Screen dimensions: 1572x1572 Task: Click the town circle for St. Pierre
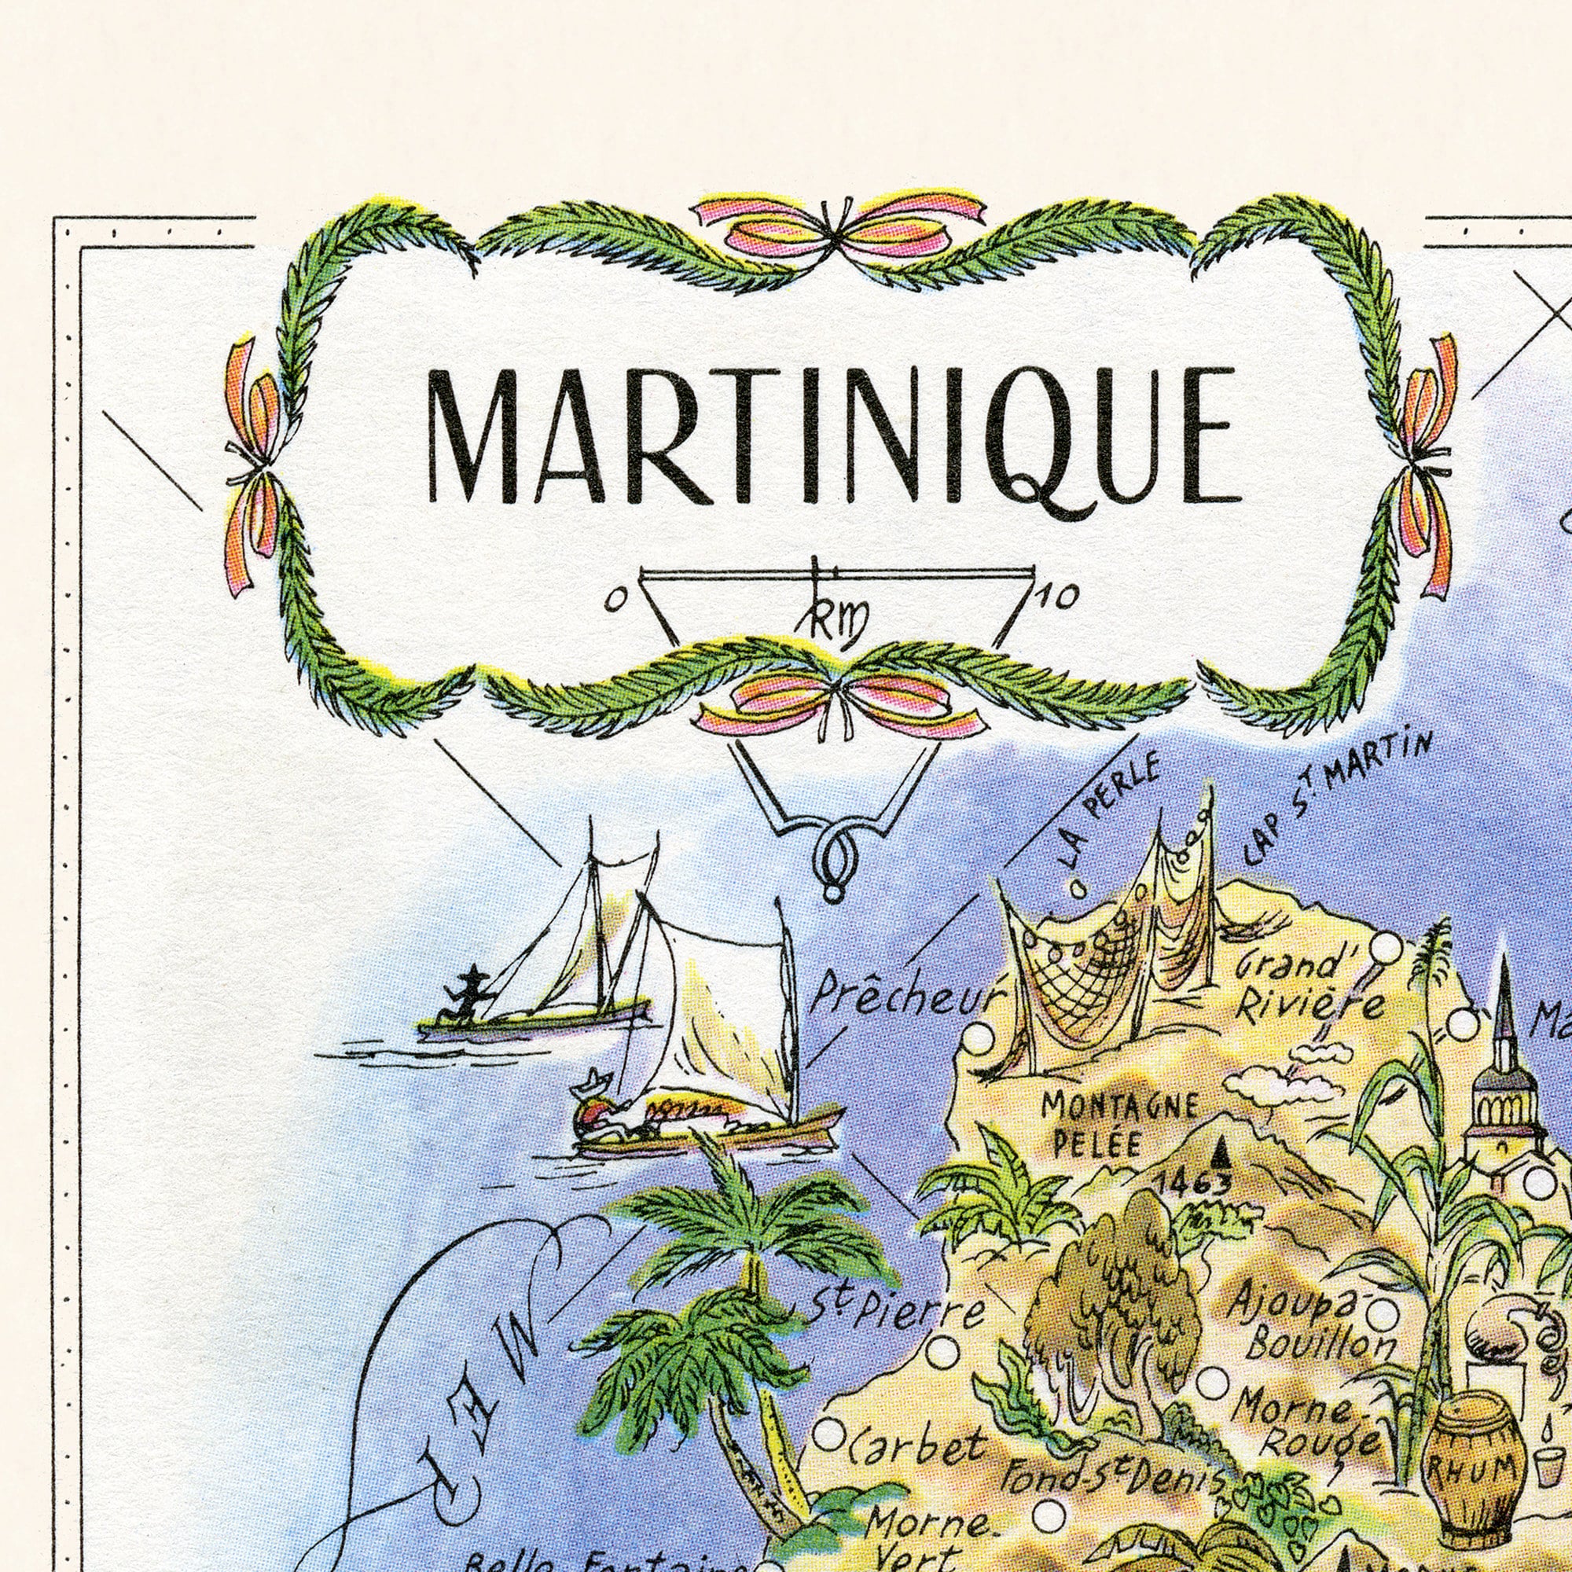pos(943,1348)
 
